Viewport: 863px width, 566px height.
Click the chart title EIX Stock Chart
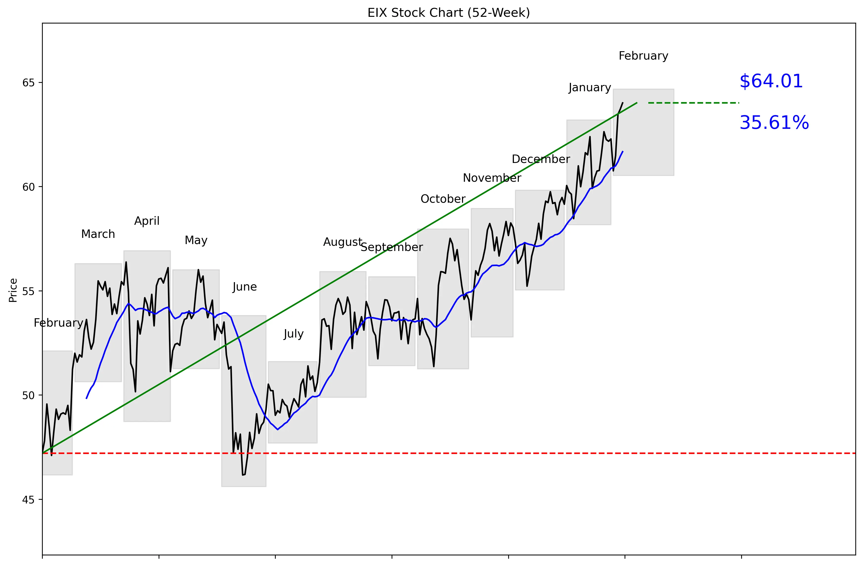[x=448, y=13]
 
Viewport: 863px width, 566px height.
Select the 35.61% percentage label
[x=774, y=123]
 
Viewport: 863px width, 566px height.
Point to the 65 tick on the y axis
[x=28, y=83]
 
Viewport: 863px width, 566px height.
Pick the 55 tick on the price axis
[x=28, y=291]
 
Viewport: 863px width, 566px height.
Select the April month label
[x=147, y=221]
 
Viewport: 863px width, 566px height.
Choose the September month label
[x=392, y=248]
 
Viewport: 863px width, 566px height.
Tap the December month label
[x=541, y=159]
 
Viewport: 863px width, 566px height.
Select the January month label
[x=589, y=88]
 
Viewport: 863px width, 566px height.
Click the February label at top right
[x=643, y=56]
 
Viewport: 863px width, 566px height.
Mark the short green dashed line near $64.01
[x=693, y=103]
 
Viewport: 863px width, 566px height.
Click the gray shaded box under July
[x=293, y=402]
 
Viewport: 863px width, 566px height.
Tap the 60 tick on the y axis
[x=28, y=187]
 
